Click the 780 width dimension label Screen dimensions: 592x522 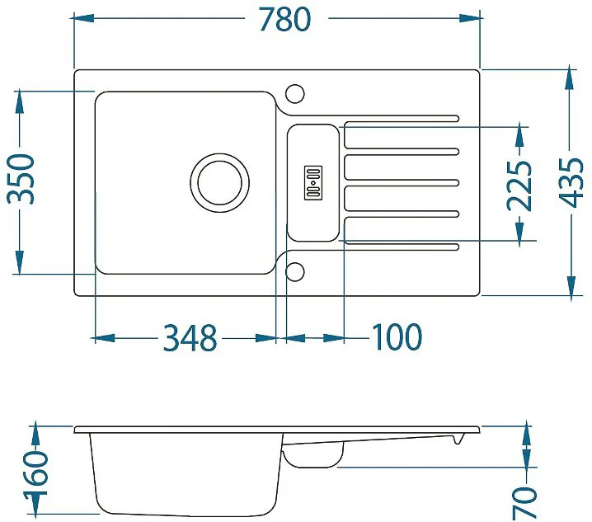click(x=285, y=19)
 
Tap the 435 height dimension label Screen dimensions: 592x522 click(x=571, y=182)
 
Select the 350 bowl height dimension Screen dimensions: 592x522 click(x=21, y=179)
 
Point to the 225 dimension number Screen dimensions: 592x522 click(x=519, y=186)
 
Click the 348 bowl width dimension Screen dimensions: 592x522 click(x=190, y=337)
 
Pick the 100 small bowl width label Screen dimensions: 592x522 click(x=397, y=336)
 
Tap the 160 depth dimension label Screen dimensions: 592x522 click(x=36, y=471)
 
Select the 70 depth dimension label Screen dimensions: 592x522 click(x=524, y=503)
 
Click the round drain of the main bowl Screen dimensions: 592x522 click(x=220, y=183)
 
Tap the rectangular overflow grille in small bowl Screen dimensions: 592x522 click(x=313, y=182)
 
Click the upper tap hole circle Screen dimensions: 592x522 click(x=295, y=93)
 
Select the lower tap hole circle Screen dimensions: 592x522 click(x=295, y=272)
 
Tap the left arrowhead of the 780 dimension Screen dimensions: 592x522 click(x=83, y=18)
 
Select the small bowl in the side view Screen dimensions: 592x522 click(x=313, y=454)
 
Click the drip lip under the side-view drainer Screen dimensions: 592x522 click(x=458, y=439)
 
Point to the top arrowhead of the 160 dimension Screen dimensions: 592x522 click(x=35, y=436)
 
